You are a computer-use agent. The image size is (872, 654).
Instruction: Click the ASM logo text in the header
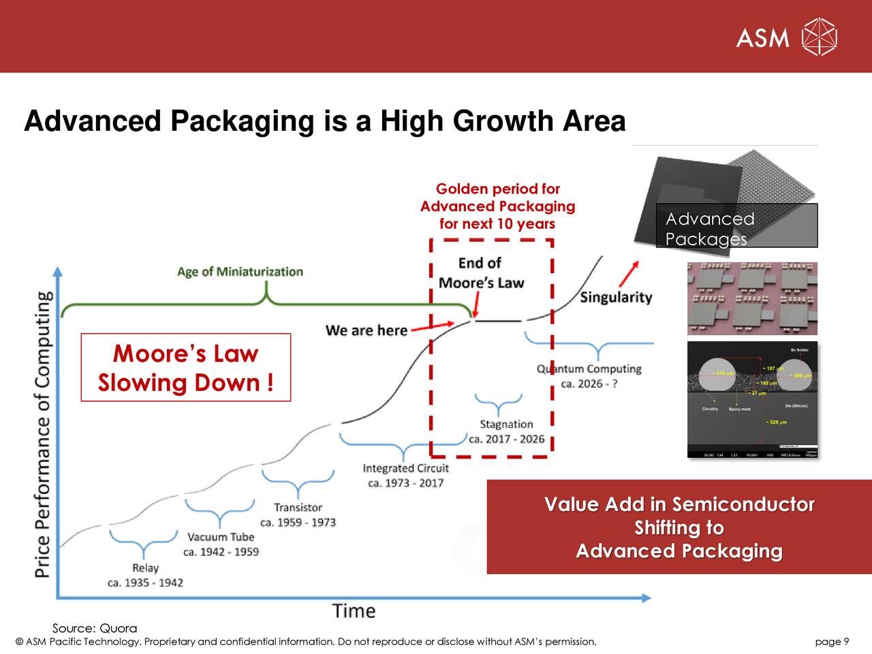[x=762, y=37]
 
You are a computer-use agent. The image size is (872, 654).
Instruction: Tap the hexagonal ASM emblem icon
[x=819, y=37]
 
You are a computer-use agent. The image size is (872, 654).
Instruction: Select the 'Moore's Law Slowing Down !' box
[x=185, y=368]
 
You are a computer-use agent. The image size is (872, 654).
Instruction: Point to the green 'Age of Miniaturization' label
[x=240, y=272]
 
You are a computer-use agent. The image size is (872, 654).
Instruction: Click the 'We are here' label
[x=366, y=330]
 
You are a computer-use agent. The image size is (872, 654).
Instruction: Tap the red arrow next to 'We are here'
[x=433, y=326]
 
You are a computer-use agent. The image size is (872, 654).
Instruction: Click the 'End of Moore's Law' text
[x=480, y=272]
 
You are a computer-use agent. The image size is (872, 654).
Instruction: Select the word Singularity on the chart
[x=616, y=298]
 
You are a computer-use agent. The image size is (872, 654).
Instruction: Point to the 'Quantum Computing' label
[x=589, y=369]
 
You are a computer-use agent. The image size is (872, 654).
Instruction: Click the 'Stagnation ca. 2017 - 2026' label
[x=506, y=431]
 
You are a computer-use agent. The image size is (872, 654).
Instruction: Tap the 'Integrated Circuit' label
[x=405, y=469]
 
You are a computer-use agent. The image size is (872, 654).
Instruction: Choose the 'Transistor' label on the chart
[x=298, y=508]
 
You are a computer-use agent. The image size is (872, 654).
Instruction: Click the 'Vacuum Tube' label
[x=221, y=538]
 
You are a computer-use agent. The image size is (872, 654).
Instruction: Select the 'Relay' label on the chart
[x=145, y=568]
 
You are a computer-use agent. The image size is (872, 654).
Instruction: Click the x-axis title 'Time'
[x=354, y=611]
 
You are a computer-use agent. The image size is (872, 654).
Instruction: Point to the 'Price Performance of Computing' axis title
[x=43, y=435]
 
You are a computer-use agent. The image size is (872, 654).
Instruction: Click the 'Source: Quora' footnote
[x=95, y=628]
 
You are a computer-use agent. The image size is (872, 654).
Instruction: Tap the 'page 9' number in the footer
[x=832, y=642]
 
